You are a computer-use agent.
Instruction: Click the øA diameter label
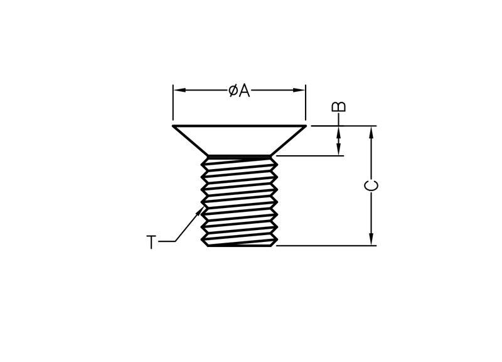pos(239,90)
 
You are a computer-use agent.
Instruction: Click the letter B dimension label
pos(338,106)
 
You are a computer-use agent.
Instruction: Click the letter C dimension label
pos(371,186)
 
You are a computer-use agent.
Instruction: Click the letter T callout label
pos(151,242)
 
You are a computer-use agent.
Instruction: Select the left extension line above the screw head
pos(173,104)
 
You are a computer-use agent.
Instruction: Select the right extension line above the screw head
pos(306,104)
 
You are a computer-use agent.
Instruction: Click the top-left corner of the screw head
pos(174,126)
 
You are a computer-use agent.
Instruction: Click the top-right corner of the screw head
pos(305,126)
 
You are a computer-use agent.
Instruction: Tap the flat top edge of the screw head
pos(239,126)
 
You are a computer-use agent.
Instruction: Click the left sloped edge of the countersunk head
pos(191,141)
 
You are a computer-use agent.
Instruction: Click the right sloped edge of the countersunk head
pos(288,141)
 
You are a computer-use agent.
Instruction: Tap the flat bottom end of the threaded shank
pos(239,245)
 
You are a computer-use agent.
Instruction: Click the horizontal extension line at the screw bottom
pos(326,246)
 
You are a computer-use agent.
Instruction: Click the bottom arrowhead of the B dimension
pos(338,150)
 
